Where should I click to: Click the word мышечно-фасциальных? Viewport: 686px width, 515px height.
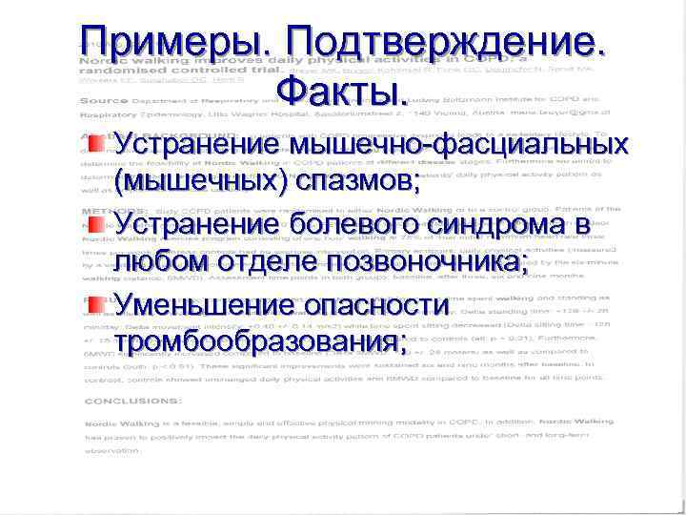pos(462,145)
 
